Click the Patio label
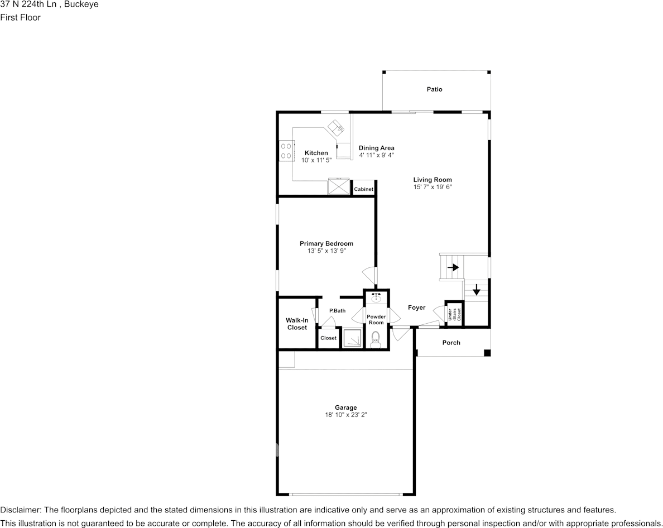coord(434,89)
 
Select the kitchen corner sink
coord(337,128)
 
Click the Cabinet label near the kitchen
coord(363,190)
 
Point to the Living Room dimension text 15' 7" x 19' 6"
coord(432,188)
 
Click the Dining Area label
coord(376,148)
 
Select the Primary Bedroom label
coord(326,243)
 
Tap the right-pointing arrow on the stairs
coord(453,267)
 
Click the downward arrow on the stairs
coord(477,290)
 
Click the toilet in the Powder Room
coord(376,339)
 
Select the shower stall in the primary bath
coord(352,338)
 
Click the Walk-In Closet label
coord(297,324)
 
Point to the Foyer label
coord(416,308)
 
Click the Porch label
coord(451,343)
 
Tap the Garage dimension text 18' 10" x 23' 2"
coord(345,415)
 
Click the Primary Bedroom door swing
coord(369,275)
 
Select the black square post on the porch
coord(487,353)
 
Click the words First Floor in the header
coord(20,17)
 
